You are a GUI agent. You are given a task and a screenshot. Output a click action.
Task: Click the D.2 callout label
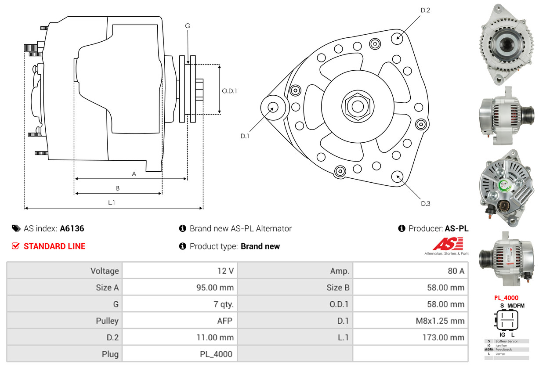425,10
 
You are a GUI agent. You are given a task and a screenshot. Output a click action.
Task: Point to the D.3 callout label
425,203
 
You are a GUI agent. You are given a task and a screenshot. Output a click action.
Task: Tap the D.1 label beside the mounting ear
245,136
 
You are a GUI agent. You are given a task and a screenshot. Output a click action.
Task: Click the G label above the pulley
188,26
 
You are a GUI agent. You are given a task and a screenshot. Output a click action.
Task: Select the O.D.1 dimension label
229,91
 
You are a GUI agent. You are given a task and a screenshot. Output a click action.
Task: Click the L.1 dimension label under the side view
112,202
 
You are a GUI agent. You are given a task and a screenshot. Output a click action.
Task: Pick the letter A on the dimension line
134,174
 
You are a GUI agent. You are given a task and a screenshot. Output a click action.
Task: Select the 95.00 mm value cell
215,288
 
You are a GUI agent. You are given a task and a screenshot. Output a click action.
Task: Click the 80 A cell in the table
456,271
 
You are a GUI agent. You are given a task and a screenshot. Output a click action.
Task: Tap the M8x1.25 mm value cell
440,321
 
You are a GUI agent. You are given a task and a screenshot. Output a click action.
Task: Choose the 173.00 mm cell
444,338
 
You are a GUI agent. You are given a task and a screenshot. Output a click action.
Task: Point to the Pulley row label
107,321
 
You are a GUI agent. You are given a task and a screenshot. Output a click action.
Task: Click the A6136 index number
72,228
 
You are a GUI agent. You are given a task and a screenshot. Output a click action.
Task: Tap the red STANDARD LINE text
54,246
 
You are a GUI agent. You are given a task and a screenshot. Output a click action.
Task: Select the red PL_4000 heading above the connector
506,298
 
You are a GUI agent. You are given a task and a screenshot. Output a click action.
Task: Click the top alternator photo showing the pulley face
506,44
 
